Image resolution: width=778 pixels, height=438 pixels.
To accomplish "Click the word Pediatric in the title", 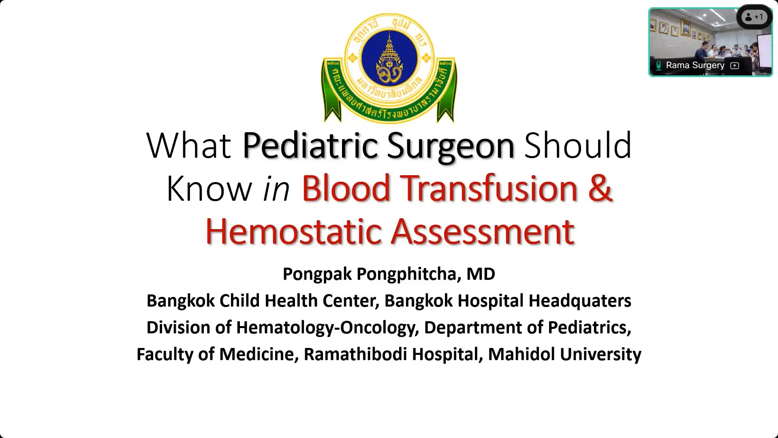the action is [x=310, y=146].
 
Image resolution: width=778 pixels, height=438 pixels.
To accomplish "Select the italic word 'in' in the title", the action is [x=276, y=189].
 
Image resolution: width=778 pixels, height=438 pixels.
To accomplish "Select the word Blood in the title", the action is [x=346, y=188].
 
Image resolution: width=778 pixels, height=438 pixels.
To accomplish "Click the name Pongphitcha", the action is [x=409, y=275].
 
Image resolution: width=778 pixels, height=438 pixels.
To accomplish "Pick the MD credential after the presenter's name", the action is [x=481, y=274].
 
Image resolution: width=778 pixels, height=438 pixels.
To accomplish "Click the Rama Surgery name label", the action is [x=695, y=65].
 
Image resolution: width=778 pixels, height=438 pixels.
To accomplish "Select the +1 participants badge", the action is [x=754, y=17].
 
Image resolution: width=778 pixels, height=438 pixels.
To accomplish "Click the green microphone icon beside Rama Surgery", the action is [x=658, y=66].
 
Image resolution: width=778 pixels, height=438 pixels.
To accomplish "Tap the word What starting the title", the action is [x=188, y=146].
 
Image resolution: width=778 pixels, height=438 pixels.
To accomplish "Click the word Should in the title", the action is [x=578, y=146].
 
